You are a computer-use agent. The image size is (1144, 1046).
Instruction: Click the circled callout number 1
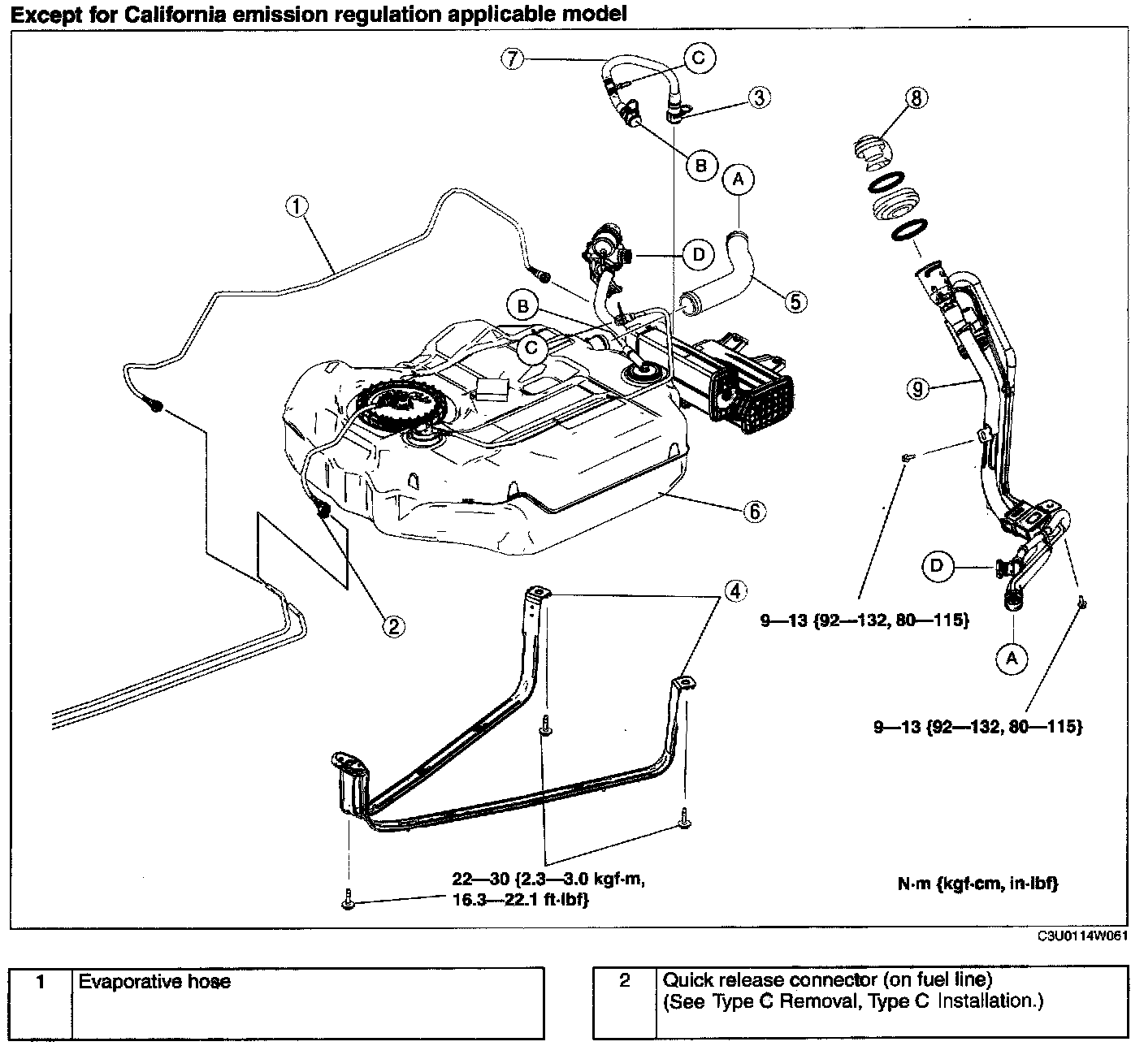coord(297,206)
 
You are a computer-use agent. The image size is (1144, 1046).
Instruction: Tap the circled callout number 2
coord(393,626)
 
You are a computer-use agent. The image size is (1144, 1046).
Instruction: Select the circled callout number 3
coord(760,97)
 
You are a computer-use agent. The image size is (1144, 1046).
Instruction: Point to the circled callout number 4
coord(735,591)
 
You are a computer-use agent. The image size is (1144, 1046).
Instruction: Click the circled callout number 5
coord(795,301)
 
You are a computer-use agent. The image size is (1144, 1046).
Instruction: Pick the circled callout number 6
coord(755,512)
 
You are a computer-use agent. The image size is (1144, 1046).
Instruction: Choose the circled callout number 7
coord(513,58)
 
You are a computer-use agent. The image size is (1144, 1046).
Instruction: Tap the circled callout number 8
coord(916,97)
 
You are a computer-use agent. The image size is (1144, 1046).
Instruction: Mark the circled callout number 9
coord(917,389)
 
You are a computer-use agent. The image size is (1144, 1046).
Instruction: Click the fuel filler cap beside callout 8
coord(873,152)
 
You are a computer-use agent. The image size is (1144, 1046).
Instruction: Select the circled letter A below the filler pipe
coord(1012,659)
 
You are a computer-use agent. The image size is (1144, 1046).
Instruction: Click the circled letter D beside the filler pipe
coord(937,566)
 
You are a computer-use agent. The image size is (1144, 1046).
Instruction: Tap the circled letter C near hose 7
coord(699,58)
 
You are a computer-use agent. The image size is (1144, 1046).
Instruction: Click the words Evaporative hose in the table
coord(154,982)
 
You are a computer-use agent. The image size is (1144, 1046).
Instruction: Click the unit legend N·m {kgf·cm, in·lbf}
coord(978,884)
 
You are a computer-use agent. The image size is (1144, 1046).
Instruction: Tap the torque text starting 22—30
coord(548,890)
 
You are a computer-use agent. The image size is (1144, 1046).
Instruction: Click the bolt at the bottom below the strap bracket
coord(349,900)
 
